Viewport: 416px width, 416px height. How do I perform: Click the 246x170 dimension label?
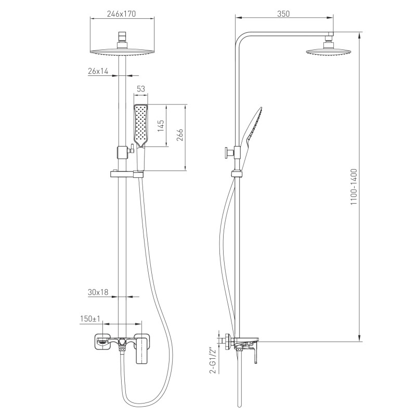pyautogui.click(x=121, y=14)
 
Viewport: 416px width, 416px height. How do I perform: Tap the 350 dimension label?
pyautogui.click(x=283, y=14)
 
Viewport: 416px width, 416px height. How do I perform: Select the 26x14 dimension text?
pyautogui.click(x=98, y=71)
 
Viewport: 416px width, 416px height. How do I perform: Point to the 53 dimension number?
pyautogui.click(x=141, y=89)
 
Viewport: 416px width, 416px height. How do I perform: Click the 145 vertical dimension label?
pyautogui.click(x=161, y=126)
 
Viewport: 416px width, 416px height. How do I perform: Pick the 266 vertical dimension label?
pyautogui.click(x=179, y=135)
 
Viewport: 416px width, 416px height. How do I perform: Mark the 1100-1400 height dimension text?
pyautogui.click(x=354, y=187)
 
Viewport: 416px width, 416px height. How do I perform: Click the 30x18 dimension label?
pyautogui.click(x=98, y=292)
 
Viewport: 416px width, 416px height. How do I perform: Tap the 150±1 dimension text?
pyautogui.click(x=90, y=319)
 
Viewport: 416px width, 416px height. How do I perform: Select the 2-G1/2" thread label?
pyautogui.click(x=213, y=360)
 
